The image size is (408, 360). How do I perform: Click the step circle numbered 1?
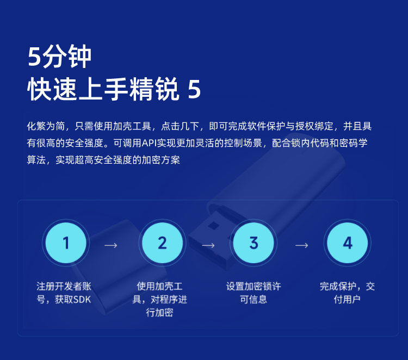66,243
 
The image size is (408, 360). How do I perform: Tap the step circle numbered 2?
162,243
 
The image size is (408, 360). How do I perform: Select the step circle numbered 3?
254,243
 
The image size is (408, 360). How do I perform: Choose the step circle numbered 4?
348,243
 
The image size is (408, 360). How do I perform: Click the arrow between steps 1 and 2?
111,245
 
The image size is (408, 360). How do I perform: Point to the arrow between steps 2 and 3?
208,245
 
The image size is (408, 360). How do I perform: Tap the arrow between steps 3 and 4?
301,245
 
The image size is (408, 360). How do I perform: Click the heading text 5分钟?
60,57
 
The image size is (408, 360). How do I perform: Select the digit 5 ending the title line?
194,89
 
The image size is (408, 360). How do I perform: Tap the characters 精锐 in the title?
154,89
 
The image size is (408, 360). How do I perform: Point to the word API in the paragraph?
149,143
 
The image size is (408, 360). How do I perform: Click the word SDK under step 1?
82,300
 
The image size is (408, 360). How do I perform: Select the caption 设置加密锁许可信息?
254,293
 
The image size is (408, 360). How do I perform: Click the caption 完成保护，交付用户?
348,293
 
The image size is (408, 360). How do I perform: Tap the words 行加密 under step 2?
159,312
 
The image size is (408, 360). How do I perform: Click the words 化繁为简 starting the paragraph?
46,126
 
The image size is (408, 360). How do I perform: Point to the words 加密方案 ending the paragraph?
161,160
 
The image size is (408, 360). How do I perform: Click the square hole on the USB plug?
213,226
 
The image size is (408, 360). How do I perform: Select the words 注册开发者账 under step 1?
64,287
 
